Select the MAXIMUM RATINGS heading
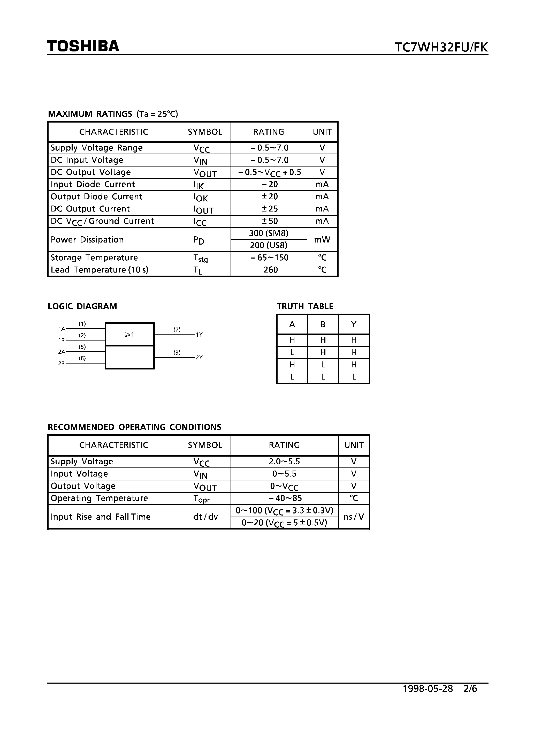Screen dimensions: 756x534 pyautogui.click(x=90, y=114)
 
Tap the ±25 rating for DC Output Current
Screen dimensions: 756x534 pyautogui.click(x=269, y=209)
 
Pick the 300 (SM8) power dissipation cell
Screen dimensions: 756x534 pyautogui.click(x=269, y=233)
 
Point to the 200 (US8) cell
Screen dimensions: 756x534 pyautogui.click(x=269, y=245)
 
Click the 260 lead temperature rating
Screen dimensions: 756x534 pyautogui.click(x=270, y=270)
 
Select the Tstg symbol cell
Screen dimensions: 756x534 pyautogui.click(x=201, y=258)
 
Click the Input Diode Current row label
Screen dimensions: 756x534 pyautogui.click(x=93, y=184)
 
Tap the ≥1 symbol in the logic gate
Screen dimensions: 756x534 pyautogui.click(x=129, y=335)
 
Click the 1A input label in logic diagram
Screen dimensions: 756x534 pyautogui.click(x=62, y=329)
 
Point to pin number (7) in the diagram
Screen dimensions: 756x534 pyautogui.click(x=177, y=329)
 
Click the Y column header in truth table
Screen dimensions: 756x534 pyautogui.click(x=354, y=325)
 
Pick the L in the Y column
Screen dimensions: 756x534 pyautogui.click(x=354, y=377)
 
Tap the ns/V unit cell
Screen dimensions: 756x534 pyautogui.click(x=354, y=517)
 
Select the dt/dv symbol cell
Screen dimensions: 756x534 pyautogui.click(x=205, y=517)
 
